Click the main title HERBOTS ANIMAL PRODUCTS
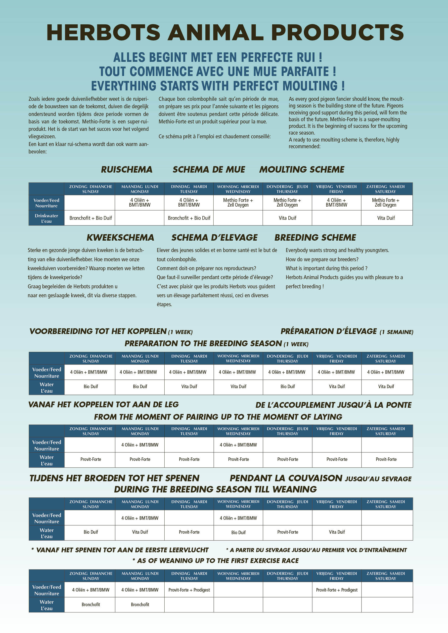pos(225,33)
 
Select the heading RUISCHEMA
pos(127,169)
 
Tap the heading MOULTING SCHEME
pos(302,169)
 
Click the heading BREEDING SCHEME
pos(315,237)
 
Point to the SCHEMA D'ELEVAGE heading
pos(214,237)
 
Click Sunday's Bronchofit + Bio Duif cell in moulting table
pos(90,218)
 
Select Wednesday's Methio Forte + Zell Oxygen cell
pos(238,202)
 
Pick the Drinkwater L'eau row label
pos(46,218)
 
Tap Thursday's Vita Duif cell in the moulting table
pos(287,218)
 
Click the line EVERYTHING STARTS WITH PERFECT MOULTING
pos(218,86)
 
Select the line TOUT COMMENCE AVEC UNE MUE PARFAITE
pos(218,72)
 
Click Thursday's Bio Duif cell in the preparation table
pos(287,386)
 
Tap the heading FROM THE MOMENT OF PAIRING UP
pos(218,417)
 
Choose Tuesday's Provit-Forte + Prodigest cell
pos(189,590)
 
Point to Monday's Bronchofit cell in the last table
pos(140,605)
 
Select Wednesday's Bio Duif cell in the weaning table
pos(238,532)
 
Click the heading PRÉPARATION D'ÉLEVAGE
pos(347,331)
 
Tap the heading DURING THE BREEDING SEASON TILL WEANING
pos(215,489)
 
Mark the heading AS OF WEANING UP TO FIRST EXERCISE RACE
pos(216,561)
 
